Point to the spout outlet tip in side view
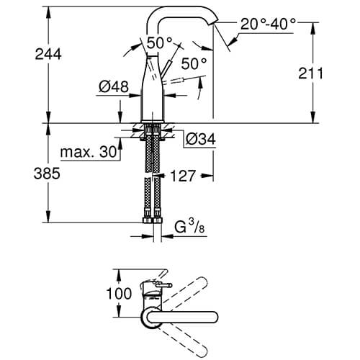click(x=213, y=27)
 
